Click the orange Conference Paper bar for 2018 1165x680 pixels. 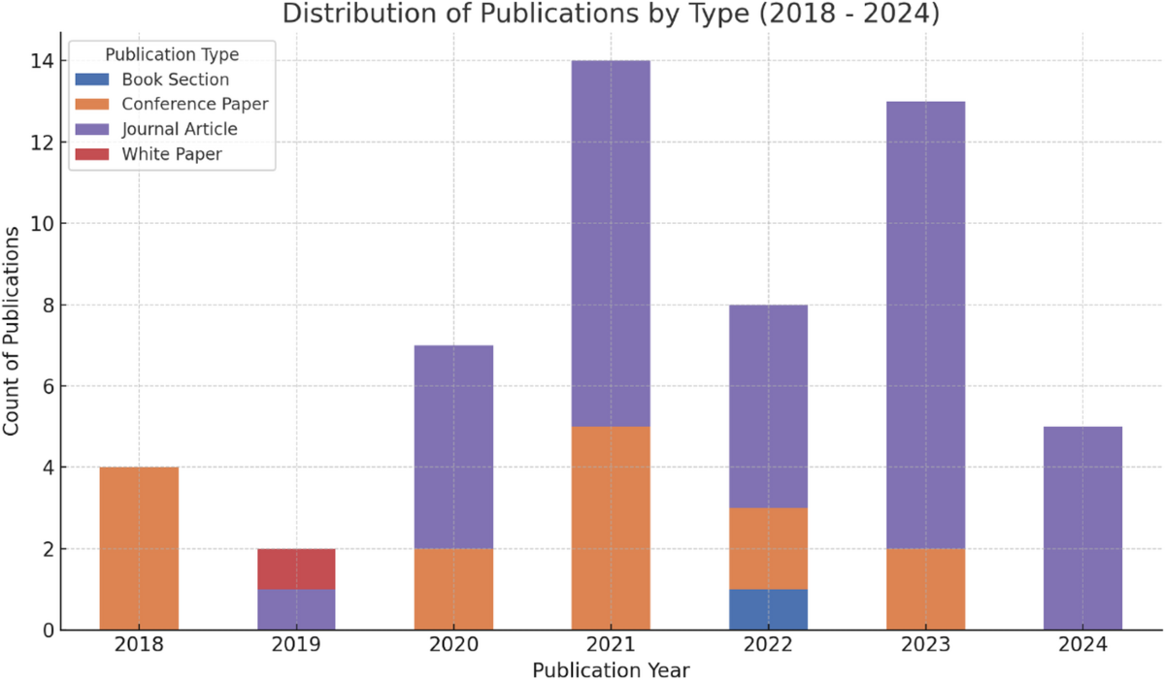point(139,548)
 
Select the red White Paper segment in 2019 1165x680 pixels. point(296,568)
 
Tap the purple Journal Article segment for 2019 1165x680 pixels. point(296,609)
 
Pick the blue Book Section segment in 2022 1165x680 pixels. point(768,609)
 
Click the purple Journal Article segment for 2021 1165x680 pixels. point(611,243)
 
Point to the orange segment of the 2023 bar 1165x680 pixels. point(925,589)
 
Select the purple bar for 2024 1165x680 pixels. point(1082,528)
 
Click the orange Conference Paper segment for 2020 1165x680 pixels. point(453,589)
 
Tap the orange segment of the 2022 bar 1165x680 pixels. point(768,548)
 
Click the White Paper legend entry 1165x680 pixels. point(172,153)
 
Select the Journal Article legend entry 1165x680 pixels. point(179,128)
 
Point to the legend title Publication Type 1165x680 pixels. point(172,54)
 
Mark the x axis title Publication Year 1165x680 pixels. point(611,669)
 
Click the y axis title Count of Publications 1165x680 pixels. point(13,332)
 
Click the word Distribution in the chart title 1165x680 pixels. point(343,14)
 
